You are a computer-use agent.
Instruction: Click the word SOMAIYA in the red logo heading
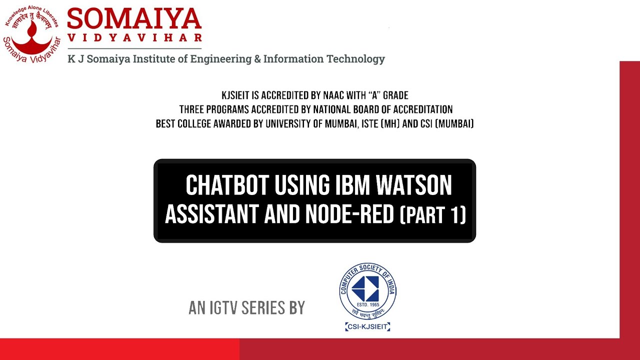[x=134, y=19]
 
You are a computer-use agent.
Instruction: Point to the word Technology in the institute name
[x=355, y=59]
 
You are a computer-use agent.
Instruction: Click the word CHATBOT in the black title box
[x=228, y=186]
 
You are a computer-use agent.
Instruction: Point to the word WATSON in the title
[x=414, y=186]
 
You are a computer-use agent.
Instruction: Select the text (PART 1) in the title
[x=433, y=215]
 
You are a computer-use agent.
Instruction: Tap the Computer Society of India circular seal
[x=367, y=291]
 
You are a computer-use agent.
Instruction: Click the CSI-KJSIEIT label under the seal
[x=367, y=327]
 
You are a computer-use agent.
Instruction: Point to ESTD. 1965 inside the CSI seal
[x=367, y=305]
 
